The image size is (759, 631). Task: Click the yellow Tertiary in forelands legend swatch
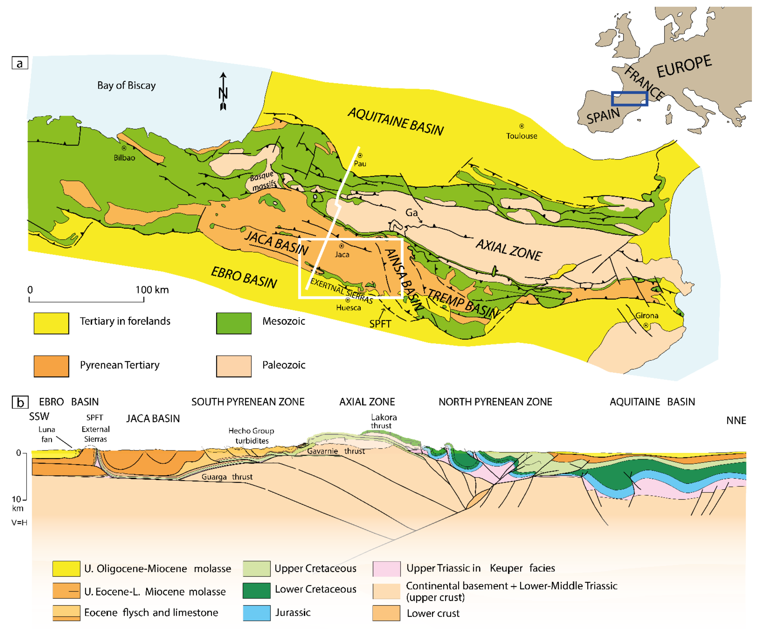51,323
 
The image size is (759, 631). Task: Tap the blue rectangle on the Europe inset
629,98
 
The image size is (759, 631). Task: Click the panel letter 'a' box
20,63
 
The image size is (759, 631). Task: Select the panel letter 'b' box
20,402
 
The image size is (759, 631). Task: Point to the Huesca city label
349,308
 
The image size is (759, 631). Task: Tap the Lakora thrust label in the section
383,421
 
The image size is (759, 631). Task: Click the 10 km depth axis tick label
17,499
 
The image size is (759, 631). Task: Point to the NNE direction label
736,421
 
